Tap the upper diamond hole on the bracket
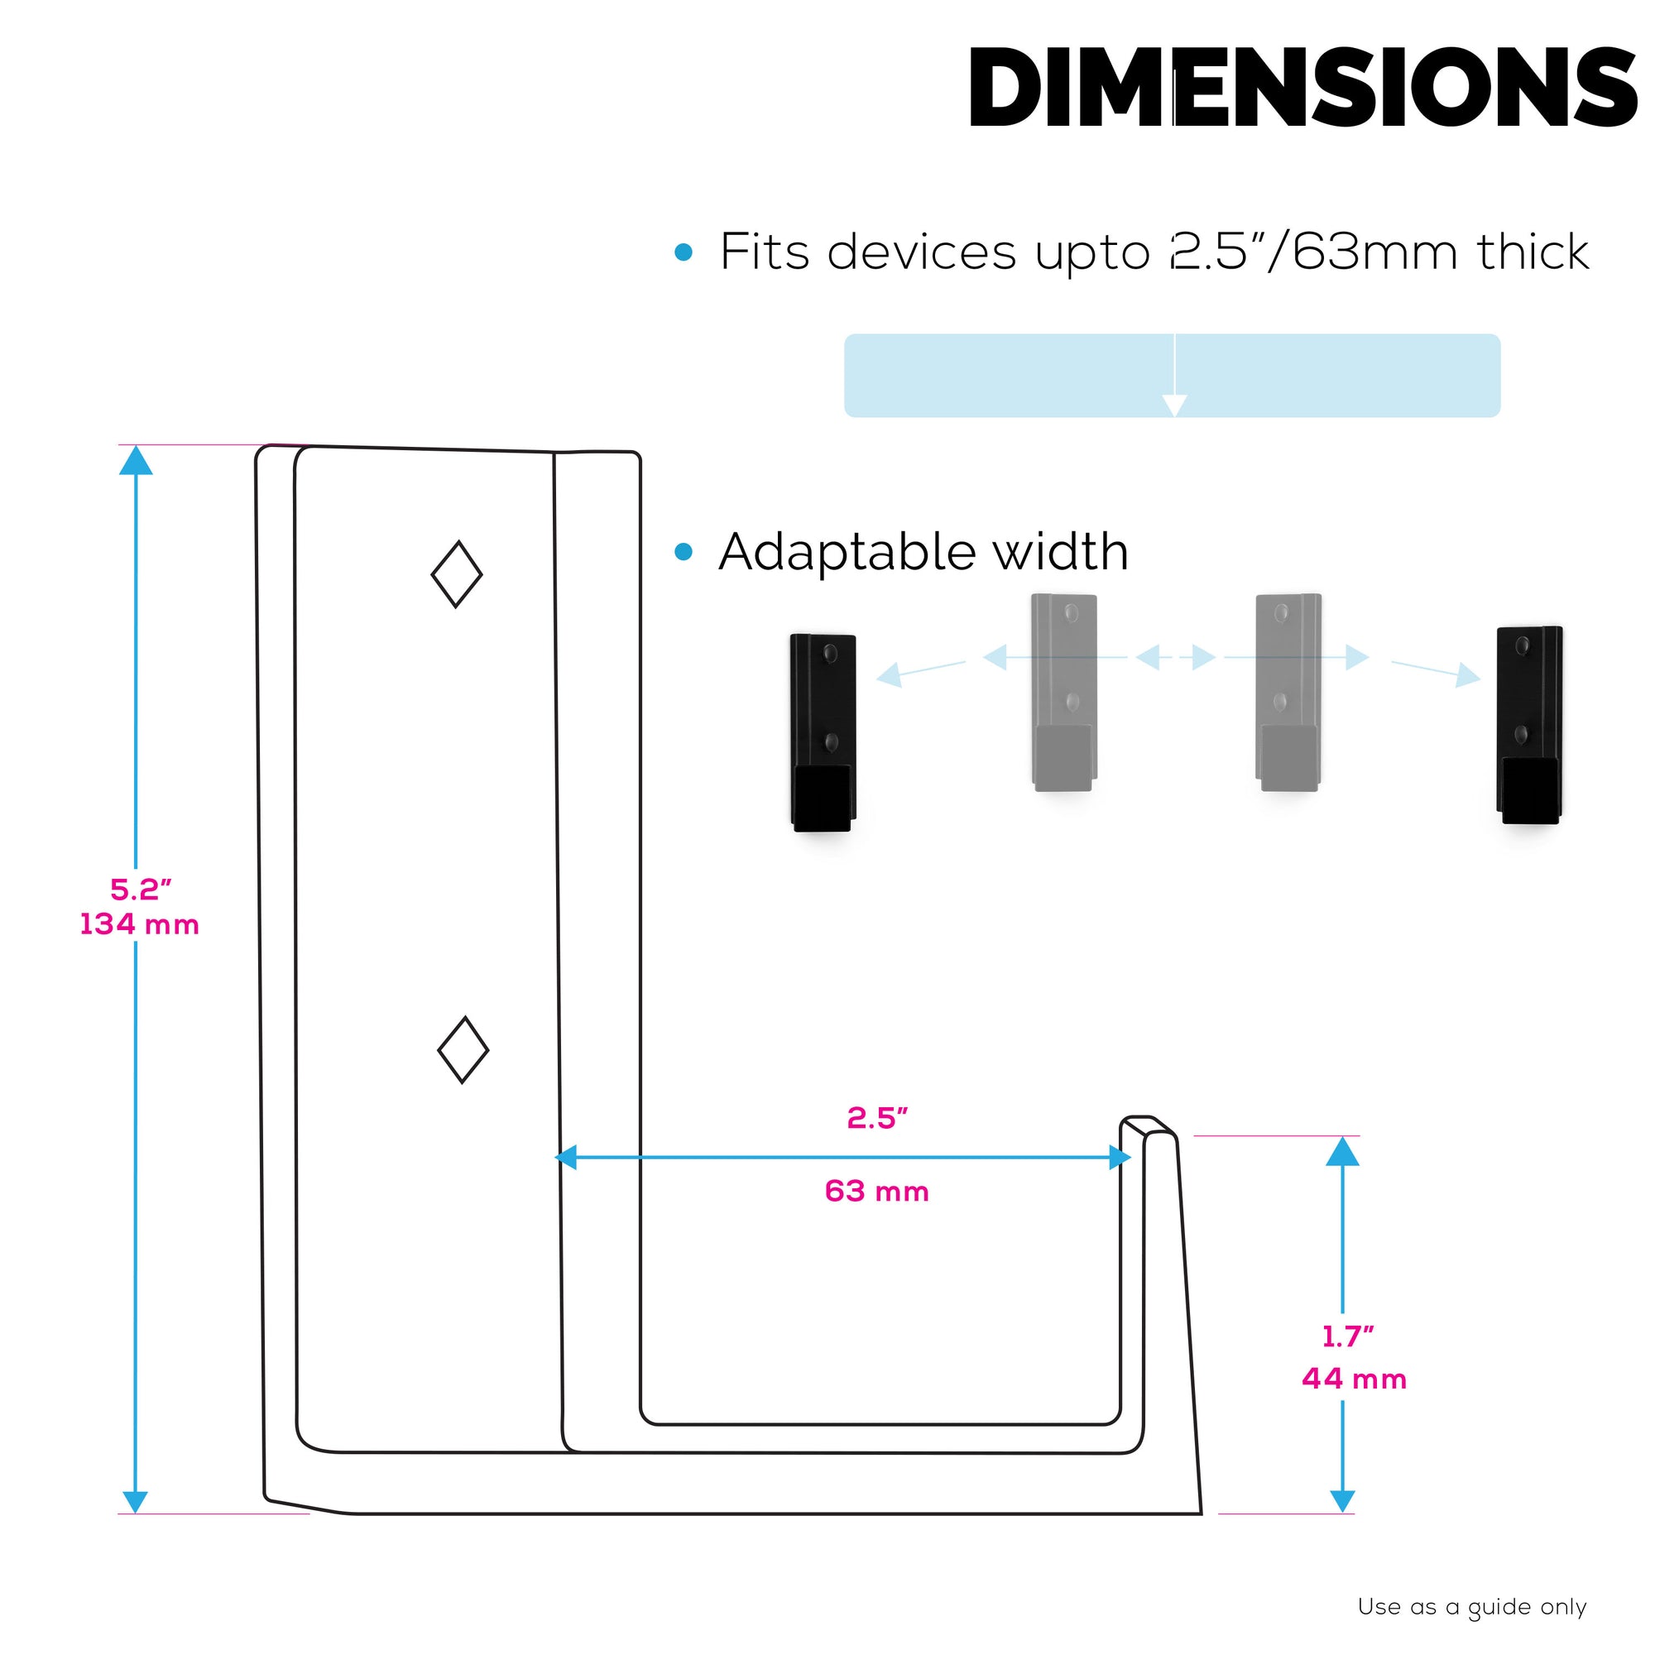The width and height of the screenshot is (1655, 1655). click(x=457, y=574)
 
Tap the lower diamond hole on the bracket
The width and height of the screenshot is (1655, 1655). click(x=463, y=1049)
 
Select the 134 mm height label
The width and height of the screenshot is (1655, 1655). click(x=140, y=925)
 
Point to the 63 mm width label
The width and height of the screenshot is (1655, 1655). click(x=876, y=1192)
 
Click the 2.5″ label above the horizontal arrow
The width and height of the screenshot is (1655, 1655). click(x=876, y=1118)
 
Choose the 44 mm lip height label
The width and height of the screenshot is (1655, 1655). click(x=1355, y=1379)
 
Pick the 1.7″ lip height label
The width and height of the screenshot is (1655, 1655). click(x=1348, y=1336)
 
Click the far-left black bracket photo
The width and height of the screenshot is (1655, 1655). click(x=823, y=732)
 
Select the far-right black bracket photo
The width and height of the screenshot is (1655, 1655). click(x=1530, y=725)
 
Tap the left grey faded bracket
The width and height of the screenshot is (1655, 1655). click(x=1064, y=691)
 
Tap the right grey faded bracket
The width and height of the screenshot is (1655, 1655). click(x=1288, y=691)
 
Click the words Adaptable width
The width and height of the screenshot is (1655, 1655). click(x=923, y=552)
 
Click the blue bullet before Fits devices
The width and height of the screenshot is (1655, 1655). click(x=683, y=252)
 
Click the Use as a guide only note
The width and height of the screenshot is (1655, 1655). click(x=1471, y=1607)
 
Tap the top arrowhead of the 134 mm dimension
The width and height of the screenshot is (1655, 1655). click(x=137, y=462)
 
